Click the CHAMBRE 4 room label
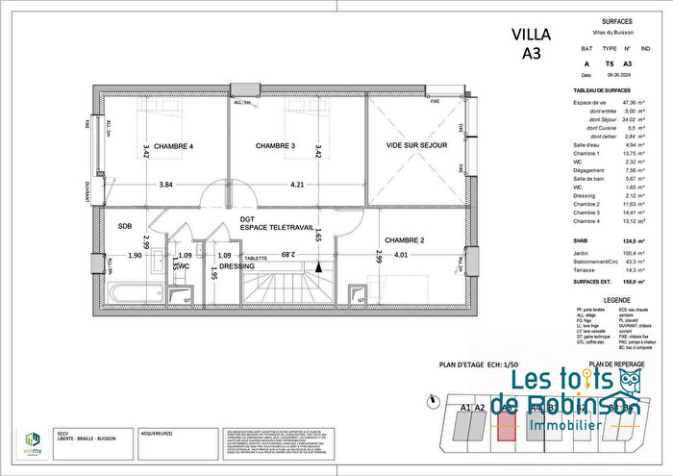[172, 146]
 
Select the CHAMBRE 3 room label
[275, 146]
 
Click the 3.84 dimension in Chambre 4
[166, 185]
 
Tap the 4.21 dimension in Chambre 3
[297, 185]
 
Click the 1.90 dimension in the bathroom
[134, 256]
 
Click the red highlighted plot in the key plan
[506, 422]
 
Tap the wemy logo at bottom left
[31, 439]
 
